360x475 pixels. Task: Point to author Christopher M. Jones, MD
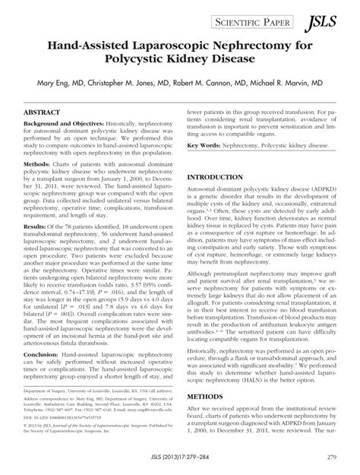pos(135,78)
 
